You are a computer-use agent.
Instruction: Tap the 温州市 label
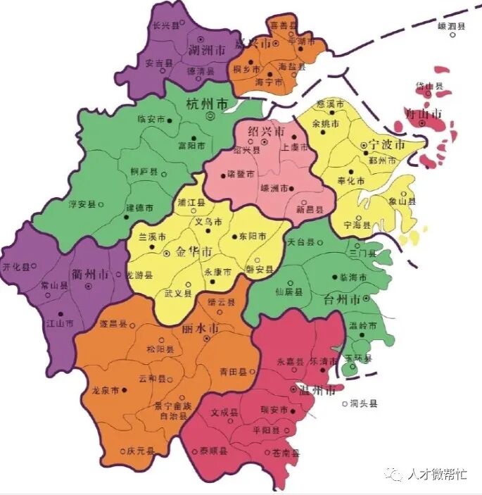coord(319,390)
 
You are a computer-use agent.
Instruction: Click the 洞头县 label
coord(364,404)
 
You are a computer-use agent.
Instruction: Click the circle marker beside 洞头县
coord(345,404)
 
